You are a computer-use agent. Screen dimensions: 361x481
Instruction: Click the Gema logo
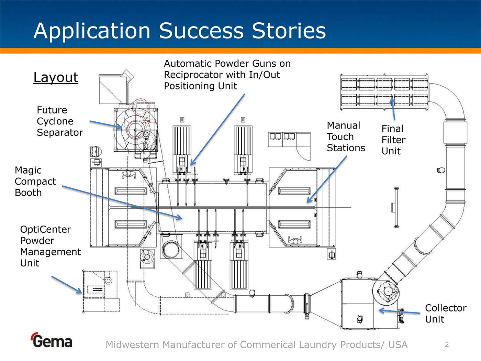pos(52,340)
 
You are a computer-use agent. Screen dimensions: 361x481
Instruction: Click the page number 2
pos(447,344)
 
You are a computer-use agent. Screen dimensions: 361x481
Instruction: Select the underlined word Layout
pos(56,77)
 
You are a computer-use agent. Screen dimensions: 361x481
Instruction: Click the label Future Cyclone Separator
pos(59,121)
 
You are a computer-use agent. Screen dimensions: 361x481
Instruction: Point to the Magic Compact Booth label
pos(35,181)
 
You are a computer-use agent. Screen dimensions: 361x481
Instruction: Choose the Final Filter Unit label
pos(393,140)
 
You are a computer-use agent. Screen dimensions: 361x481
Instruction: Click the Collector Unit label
pos(445,313)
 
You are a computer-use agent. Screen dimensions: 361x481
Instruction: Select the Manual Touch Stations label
pos(346,136)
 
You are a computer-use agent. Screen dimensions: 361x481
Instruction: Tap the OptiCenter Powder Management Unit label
pos(50,246)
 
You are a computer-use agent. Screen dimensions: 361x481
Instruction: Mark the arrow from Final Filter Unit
pos(393,109)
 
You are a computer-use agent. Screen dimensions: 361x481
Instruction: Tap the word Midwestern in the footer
pos(133,344)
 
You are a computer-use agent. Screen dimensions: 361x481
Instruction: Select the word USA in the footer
pos(398,344)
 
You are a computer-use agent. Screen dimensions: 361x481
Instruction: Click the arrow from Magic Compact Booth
pos(122,203)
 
